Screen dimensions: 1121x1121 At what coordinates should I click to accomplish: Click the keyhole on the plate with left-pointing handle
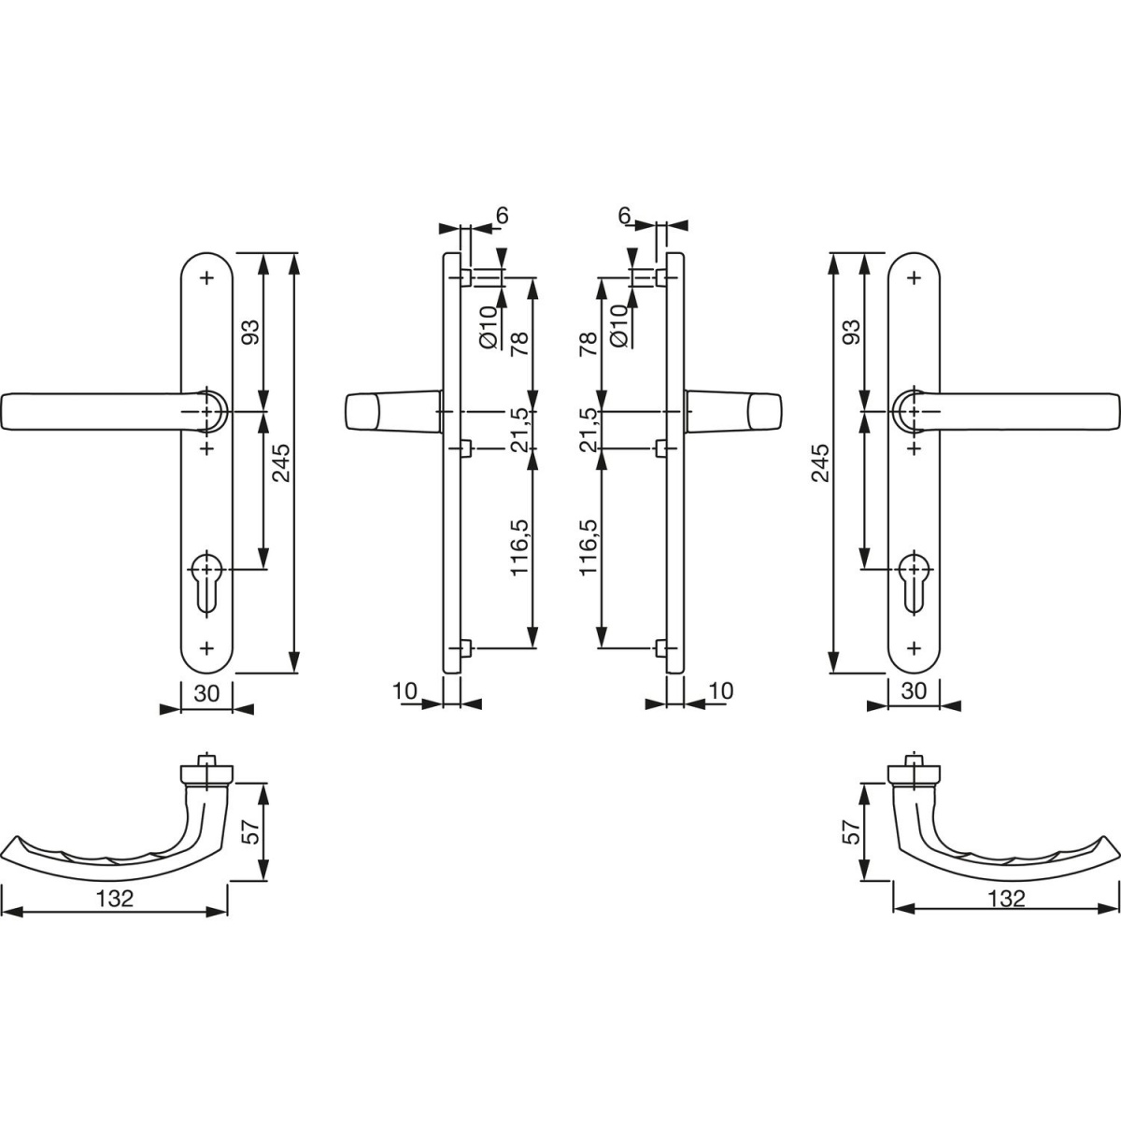point(206,582)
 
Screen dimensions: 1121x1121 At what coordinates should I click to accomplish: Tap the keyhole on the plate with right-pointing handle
point(915,582)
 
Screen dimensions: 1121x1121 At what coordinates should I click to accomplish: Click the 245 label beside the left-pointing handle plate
point(281,463)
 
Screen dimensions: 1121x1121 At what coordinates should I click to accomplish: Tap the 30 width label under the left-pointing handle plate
point(206,692)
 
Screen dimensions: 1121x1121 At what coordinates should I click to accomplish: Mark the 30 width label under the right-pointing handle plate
point(914,691)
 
